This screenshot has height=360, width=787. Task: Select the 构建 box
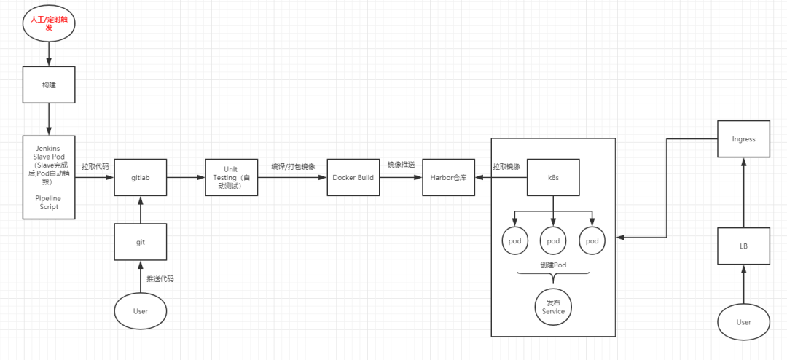pos(49,85)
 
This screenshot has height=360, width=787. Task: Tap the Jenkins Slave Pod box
pos(49,177)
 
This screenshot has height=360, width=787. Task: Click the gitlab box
pos(141,178)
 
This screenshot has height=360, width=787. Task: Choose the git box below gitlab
pos(141,241)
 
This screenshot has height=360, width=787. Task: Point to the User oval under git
pos(141,311)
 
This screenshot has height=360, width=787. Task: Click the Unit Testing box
pos(231,177)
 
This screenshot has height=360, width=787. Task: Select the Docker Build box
pos(353,177)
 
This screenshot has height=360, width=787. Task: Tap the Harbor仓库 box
pos(448,178)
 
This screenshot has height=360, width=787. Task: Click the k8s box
pos(553,178)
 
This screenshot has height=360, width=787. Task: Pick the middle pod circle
pos(553,240)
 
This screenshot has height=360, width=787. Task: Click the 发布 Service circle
pos(554,306)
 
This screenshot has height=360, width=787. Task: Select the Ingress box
pos(743,139)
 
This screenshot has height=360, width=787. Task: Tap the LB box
pos(743,246)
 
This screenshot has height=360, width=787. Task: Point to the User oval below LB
pos(743,322)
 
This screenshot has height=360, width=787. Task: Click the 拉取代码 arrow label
pos(95,166)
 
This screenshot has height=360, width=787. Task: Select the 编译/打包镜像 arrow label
pos(293,166)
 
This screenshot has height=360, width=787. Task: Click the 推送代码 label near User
pos(160,279)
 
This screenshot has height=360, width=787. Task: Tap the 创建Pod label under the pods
pos(553,265)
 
